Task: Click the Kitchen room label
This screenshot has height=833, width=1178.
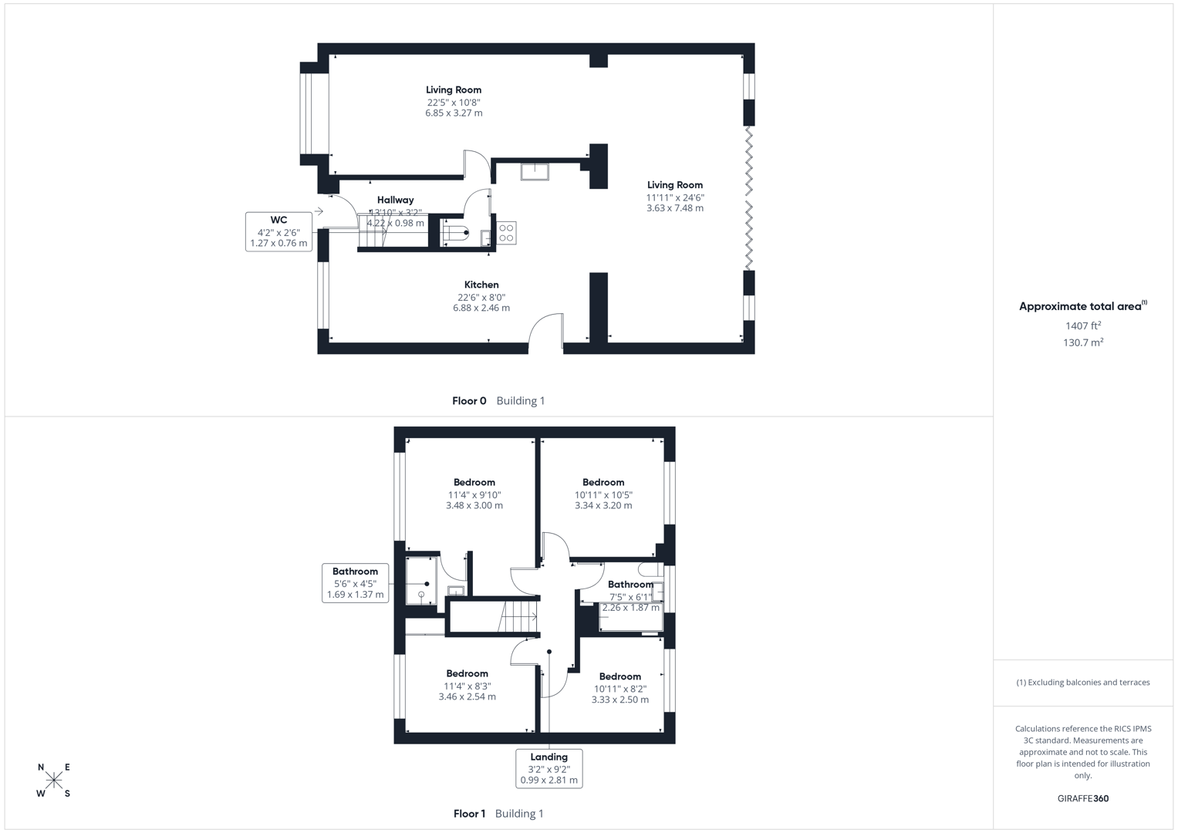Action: [481, 285]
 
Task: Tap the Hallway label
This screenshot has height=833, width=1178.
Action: [395, 200]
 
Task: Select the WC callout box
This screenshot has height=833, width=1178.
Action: [278, 231]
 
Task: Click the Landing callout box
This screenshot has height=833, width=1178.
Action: [548, 768]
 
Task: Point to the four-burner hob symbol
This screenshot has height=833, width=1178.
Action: [506, 233]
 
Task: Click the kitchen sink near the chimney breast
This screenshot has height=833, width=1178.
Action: [534, 170]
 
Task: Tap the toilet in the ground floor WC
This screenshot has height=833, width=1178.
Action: [457, 232]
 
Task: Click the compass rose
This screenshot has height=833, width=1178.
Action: [54, 781]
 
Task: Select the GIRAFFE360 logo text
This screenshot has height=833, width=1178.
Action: [1082, 798]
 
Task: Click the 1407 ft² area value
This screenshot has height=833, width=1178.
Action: [1082, 325]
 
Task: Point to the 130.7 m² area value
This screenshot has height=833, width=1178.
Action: [1082, 342]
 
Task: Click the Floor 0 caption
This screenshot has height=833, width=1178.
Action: [469, 400]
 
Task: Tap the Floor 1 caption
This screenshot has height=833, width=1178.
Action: [469, 813]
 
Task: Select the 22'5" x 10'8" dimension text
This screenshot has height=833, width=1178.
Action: [454, 102]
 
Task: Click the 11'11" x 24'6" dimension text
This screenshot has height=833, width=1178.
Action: [674, 197]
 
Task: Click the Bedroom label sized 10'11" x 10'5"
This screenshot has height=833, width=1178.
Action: [603, 482]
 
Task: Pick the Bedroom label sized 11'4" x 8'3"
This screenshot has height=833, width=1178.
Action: [467, 673]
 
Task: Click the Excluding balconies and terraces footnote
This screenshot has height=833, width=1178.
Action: [1082, 682]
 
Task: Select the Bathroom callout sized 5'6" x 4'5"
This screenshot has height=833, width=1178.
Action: [355, 583]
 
